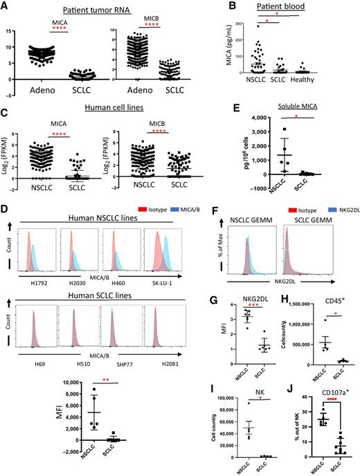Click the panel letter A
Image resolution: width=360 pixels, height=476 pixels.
coord(6,6)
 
